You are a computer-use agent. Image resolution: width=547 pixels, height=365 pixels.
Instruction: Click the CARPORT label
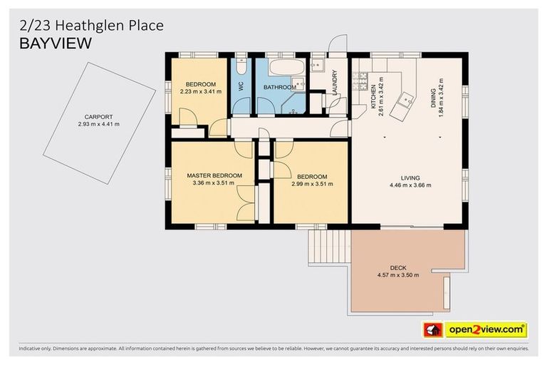click(98, 117)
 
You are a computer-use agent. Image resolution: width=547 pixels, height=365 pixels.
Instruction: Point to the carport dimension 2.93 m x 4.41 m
click(98, 124)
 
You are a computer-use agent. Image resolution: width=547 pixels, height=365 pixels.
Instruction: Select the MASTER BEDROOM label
click(214, 175)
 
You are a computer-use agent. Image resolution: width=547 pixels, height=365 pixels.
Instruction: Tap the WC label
click(241, 86)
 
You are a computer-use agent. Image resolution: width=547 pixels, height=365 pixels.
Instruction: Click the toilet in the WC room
click(241, 66)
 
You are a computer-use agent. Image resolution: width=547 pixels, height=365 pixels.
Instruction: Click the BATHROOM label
click(279, 87)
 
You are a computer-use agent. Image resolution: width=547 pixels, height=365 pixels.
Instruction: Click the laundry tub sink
click(318, 67)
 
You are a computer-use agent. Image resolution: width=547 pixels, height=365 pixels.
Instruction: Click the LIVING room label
click(410, 178)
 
